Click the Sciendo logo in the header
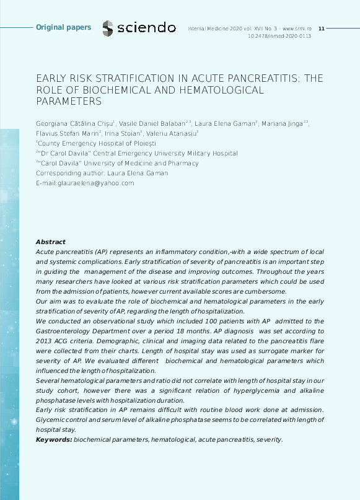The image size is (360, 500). point(139,28)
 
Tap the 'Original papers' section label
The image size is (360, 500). point(63,27)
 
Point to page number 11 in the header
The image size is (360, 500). point(321,29)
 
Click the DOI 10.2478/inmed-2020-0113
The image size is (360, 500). point(279,37)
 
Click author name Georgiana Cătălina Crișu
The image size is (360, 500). point(74,123)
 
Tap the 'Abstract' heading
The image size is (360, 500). point(50,242)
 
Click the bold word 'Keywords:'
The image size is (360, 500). point(54,439)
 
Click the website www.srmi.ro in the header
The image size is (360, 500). point(297,29)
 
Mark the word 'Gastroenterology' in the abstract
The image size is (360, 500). point(68,331)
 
